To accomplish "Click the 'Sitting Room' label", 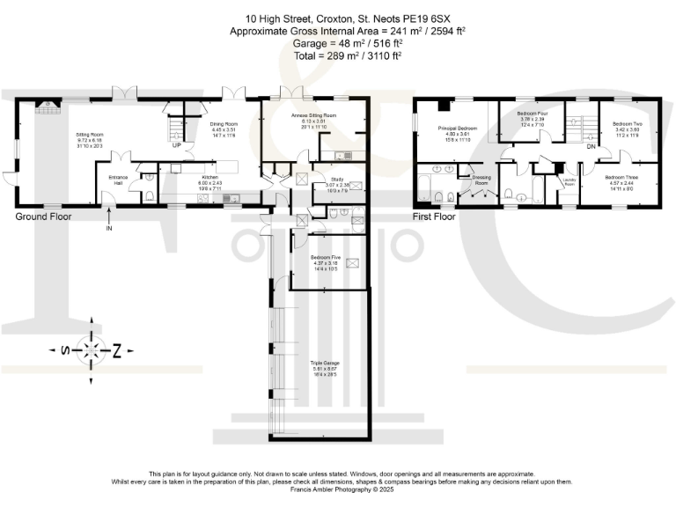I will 91,135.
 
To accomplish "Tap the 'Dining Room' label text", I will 224,124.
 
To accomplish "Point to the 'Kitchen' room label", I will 210,176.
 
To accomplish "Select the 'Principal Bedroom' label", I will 458,129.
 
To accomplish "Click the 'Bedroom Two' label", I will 628,124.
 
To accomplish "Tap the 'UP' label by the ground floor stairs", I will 176,145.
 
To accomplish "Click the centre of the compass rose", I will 92,351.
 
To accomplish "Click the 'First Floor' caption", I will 435,216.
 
